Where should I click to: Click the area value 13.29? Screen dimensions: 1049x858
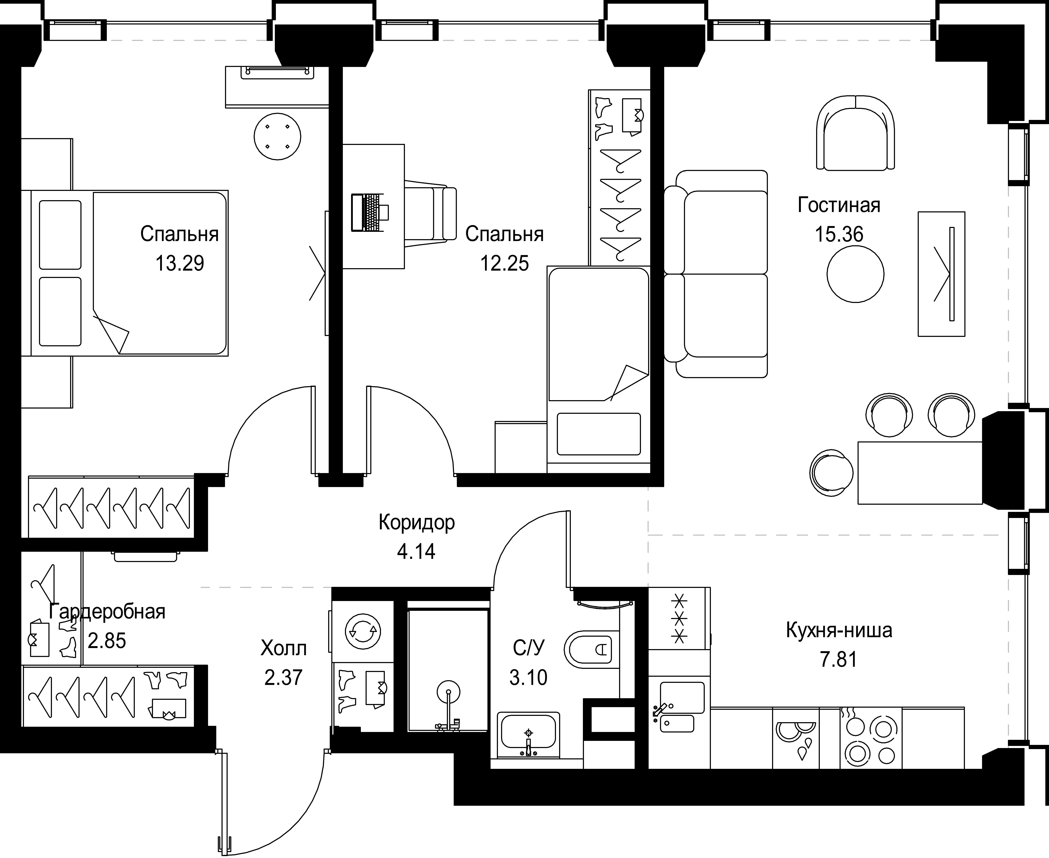179,263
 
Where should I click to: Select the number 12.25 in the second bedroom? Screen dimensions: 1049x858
504,263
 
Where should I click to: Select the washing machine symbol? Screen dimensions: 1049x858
363,631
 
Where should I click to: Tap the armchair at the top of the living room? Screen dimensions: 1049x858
855,133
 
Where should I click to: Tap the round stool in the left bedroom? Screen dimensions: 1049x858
277,136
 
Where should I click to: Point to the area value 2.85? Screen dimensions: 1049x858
107,641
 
